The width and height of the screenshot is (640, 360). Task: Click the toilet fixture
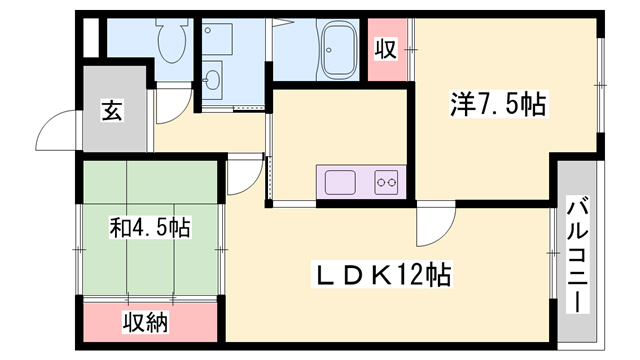(172, 40)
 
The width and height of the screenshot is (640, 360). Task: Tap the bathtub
(340, 48)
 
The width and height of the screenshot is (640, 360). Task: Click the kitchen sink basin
(340, 182)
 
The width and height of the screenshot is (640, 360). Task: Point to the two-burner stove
(386, 182)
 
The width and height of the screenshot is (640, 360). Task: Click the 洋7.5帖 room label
(498, 105)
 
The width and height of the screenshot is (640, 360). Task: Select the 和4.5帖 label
(150, 228)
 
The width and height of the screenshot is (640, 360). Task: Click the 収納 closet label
(146, 323)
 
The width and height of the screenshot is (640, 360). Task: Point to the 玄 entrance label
(112, 111)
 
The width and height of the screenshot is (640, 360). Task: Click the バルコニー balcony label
(578, 255)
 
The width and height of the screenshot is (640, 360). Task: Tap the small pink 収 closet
(387, 49)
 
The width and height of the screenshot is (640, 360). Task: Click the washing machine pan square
(218, 39)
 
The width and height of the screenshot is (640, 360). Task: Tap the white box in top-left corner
(91, 38)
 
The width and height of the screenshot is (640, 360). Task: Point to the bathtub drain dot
(329, 50)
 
